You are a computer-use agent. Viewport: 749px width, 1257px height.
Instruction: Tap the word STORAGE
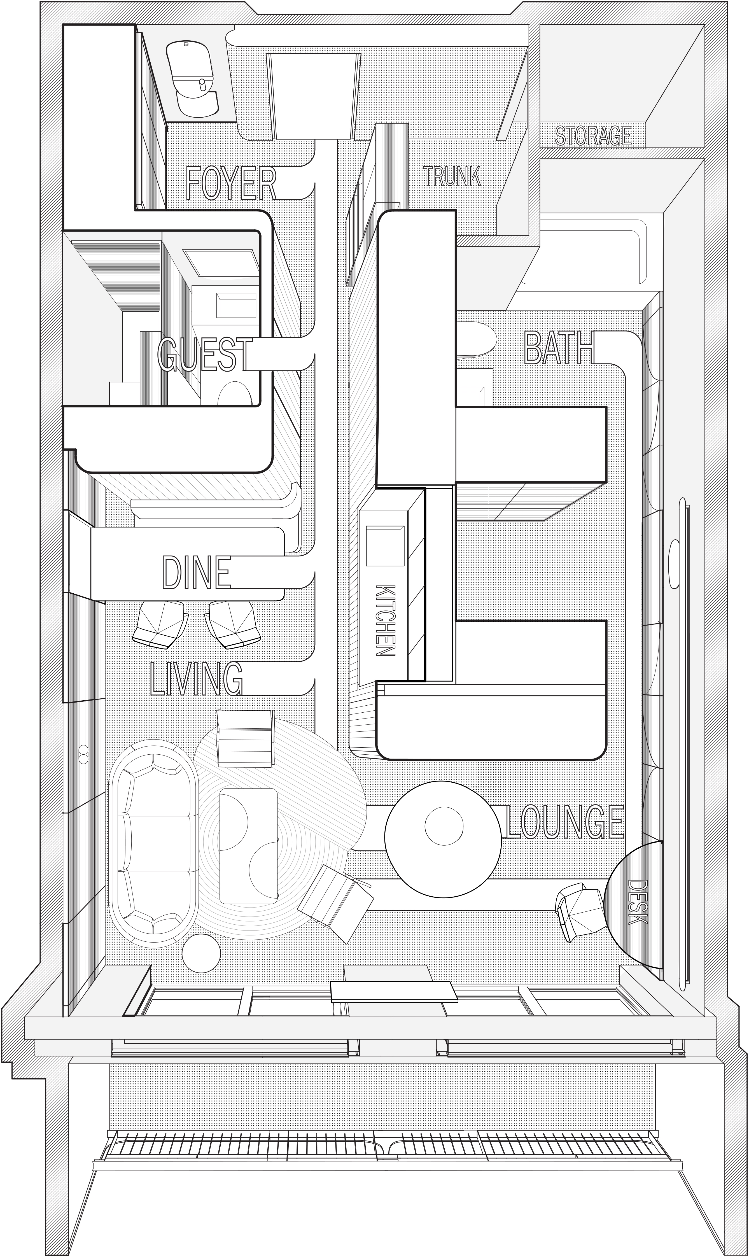(x=593, y=136)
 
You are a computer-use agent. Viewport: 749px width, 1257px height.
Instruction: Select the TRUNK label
(x=452, y=176)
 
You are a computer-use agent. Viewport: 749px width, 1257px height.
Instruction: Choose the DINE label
(x=196, y=572)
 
